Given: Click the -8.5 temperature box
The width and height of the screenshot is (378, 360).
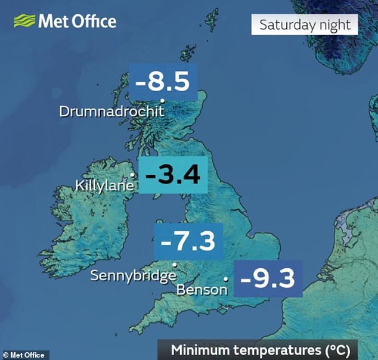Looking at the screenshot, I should [163, 79].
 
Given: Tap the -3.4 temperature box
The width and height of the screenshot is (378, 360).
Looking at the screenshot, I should [173, 175].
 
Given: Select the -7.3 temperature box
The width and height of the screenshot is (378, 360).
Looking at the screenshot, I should [188, 241].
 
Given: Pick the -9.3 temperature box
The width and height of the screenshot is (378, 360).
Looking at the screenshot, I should [268, 278].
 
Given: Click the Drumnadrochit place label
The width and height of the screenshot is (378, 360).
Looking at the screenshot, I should [111, 111].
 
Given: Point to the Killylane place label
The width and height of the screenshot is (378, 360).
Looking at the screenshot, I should [105, 186].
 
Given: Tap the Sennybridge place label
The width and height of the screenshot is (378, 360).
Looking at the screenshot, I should [133, 275].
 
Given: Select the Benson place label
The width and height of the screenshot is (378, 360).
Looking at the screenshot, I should [202, 290].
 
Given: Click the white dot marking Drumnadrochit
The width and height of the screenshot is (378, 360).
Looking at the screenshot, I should [162, 100].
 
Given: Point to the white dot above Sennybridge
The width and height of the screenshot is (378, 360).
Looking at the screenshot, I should [174, 264].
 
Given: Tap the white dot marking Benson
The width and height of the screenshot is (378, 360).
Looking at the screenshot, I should [225, 278].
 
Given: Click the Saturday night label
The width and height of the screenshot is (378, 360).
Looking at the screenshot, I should [304, 26].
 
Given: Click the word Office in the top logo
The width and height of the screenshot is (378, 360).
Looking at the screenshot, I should [95, 22].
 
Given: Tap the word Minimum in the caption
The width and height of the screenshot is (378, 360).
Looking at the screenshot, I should [198, 349].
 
